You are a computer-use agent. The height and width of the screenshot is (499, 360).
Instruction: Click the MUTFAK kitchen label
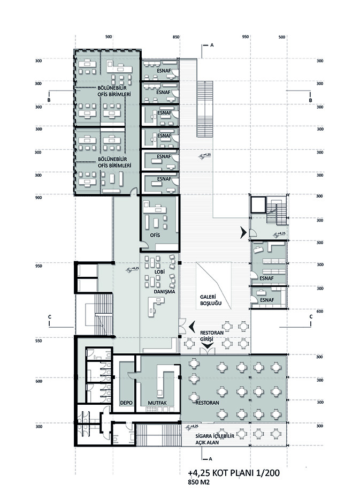click(157, 403)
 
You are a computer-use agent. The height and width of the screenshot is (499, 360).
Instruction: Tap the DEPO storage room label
click(126, 403)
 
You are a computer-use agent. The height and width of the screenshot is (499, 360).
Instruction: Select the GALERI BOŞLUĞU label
click(211, 300)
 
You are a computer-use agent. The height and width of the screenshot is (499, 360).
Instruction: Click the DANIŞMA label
click(164, 291)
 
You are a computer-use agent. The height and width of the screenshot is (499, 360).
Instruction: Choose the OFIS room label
click(155, 235)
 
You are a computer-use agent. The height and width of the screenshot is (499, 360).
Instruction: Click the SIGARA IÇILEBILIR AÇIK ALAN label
click(215, 439)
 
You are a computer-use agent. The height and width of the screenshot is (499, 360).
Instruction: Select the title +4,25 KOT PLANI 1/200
click(234, 473)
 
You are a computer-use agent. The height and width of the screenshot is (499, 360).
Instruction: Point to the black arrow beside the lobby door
click(192, 327)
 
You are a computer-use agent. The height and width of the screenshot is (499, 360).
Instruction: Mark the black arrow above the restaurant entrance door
click(208, 345)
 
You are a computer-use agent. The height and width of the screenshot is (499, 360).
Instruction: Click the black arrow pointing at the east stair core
click(243, 232)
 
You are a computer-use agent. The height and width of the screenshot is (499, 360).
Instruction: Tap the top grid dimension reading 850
click(176, 37)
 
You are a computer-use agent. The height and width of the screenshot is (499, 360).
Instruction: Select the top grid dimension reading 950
click(245, 37)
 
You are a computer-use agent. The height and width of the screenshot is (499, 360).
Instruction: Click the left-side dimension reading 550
click(38, 341)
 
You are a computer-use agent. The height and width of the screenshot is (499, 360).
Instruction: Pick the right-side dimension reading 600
click(319, 311)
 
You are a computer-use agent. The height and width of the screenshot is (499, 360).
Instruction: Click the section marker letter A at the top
click(212, 45)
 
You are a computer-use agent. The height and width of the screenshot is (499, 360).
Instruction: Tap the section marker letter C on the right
click(311, 316)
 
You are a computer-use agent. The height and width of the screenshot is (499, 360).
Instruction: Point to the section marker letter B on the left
click(49, 100)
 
